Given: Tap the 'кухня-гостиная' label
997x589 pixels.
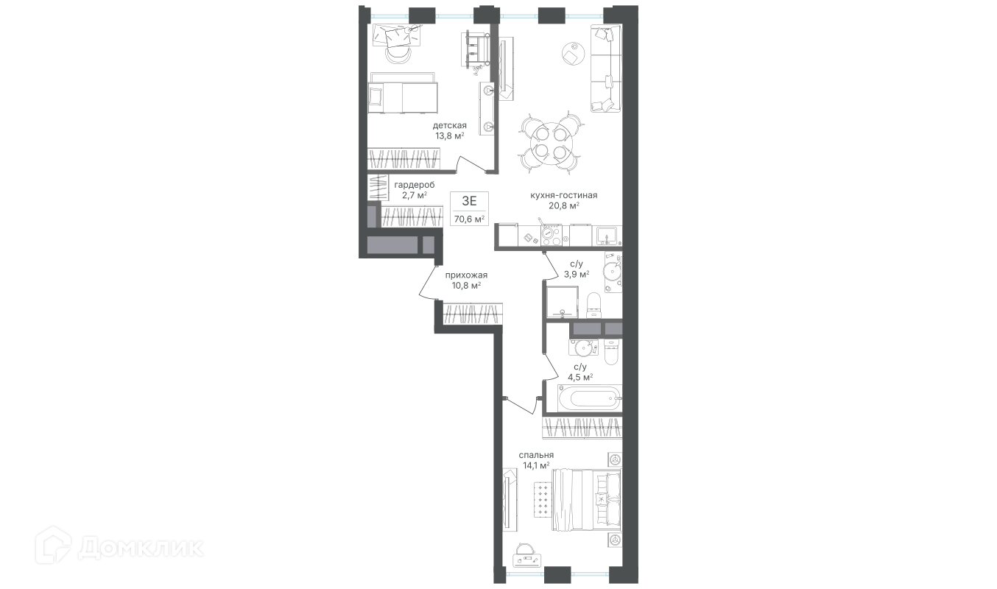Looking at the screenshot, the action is point(563,195).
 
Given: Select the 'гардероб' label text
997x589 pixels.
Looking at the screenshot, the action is point(415,185).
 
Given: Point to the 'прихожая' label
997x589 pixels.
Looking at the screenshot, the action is point(466,275).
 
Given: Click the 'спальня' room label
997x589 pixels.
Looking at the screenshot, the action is point(536,455).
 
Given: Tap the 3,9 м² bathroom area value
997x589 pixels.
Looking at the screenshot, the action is point(577,274).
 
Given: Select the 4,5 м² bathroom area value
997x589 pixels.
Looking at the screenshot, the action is point(580,378).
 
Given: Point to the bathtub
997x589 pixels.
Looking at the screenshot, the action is point(583,399).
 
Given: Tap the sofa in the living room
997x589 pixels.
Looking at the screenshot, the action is point(606,68).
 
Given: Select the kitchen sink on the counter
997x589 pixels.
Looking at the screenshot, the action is point(606,236).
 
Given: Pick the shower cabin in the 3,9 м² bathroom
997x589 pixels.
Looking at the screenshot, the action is point(562,302).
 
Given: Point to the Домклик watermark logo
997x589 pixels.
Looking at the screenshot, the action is point(119,548).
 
